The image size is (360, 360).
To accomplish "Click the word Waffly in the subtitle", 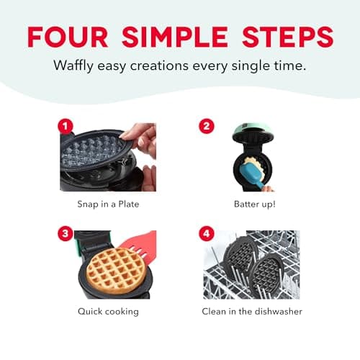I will [75, 66].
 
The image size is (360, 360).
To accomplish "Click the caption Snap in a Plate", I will [107, 204].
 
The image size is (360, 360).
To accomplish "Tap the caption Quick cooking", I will [107, 312].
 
